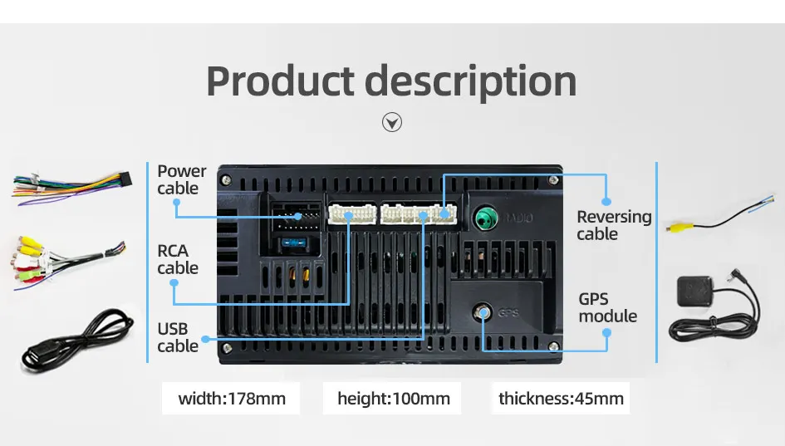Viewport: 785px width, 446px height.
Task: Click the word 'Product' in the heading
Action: pyautogui.click(x=279, y=82)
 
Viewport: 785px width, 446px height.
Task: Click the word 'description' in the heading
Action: pyautogui.click(x=471, y=82)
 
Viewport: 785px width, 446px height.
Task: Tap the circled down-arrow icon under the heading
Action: pyautogui.click(x=391, y=123)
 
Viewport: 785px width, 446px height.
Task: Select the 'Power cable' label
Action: pyautogui.click(x=181, y=180)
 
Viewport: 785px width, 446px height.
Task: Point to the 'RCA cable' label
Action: pyautogui.click(x=177, y=259)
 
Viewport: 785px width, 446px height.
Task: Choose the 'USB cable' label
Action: pyautogui.click(x=177, y=337)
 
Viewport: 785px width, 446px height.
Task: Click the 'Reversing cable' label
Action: pyautogui.click(x=614, y=225)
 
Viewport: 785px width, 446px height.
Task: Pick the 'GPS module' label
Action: pyautogui.click(x=607, y=307)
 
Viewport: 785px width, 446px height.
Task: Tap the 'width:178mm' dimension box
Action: pyautogui.click(x=232, y=399)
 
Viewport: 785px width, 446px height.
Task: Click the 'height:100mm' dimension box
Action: pyautogui.click(x=393, y=399)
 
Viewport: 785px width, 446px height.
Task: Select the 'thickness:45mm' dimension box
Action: pyautogui.click(x=561, y=399)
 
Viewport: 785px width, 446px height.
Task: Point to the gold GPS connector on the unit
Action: pyautogui.click(x=483, y=313)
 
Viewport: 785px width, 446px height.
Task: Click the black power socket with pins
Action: pyautogui.click(x=294, y=218)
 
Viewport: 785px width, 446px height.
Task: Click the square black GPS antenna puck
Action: pyautogui.click(x=696, y=296)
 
